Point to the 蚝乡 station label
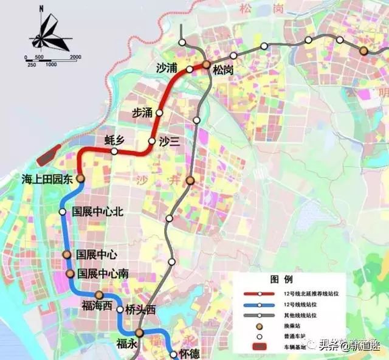click(114, 140)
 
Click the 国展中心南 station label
click(102, 274)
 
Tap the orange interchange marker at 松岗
click(207, 64)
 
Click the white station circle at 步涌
click(160, 112)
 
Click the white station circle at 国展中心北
click(63, 212)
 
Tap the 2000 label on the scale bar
click(75, 57)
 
